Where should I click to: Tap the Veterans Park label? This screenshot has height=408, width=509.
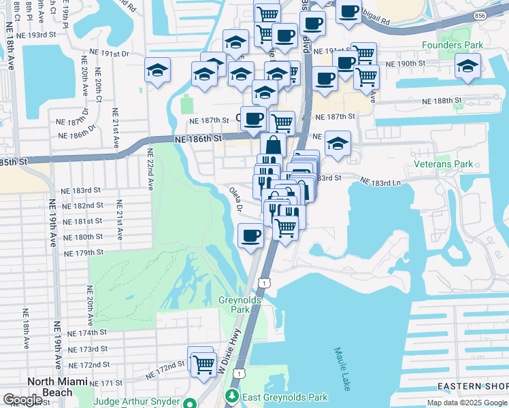point(443,165)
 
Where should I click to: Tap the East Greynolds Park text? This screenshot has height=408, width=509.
point(285,397)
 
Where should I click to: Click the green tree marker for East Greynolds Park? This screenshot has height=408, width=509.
point(232,396)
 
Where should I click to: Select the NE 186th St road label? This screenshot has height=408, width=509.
point(198,138)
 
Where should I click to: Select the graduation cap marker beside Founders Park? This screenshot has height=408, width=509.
point(467,67)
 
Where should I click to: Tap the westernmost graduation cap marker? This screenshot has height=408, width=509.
point(158,70)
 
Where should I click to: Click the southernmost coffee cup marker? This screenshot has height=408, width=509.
point(250,235)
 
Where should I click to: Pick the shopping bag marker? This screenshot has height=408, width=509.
point(273,144)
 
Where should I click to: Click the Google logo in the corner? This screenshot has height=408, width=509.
point(22,400)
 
